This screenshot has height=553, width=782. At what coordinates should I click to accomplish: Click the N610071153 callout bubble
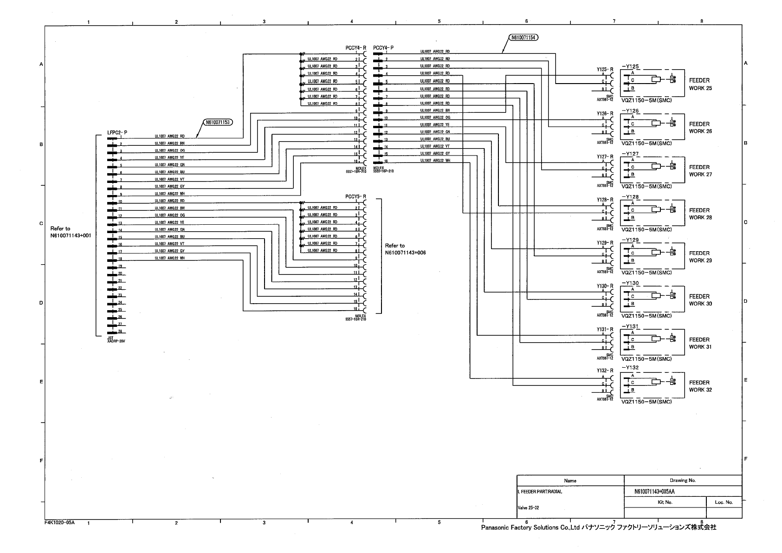tap(218, 123)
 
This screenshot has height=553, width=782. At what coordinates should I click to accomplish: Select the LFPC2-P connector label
tap(117, 132)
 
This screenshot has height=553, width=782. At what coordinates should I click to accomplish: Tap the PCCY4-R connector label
tap(356, 48)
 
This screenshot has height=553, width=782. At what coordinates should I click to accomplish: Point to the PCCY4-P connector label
tap(383, 48)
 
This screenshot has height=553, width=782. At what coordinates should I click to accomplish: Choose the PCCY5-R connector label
tap(356, 197)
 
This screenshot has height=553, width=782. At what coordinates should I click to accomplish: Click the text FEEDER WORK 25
tap(700, 84)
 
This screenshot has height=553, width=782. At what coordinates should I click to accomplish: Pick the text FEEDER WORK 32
tap(700, 386)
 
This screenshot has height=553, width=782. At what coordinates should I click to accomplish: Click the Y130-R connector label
tap(605, 286)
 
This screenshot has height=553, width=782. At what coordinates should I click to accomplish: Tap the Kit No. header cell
tap(665, 502)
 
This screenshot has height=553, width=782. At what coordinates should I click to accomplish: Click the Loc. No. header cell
tap(724, 502)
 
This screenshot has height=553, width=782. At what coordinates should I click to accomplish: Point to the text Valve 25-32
tap(528, 507)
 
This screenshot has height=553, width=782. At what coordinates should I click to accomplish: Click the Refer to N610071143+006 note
tap(405, 249)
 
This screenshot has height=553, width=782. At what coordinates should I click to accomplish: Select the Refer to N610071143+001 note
tap(71, 232)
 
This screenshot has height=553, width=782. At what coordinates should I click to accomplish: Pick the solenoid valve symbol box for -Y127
tap(652, 170)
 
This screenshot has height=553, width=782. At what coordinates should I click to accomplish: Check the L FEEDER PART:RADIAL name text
tap(539, 492)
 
